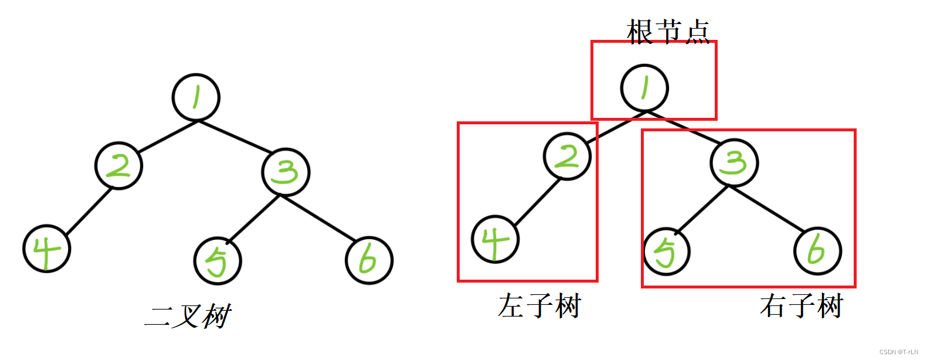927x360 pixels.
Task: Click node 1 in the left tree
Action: (196, 97)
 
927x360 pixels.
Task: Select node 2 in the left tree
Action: (119, 165)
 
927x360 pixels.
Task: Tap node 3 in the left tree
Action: (286, 172)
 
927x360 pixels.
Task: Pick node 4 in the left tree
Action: (47, 249)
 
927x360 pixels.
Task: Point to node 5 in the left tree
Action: (218, 261)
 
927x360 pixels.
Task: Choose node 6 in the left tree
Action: (369, 260)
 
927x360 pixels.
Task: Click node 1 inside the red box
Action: (644, 88)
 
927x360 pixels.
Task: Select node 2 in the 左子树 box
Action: (567, 157)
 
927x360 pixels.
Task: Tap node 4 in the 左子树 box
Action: (495, 239)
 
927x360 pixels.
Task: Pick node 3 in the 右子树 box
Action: (734, 162)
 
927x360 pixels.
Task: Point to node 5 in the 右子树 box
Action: (667, 252)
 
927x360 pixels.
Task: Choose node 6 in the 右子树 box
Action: (817, 251)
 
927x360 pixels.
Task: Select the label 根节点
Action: (668, 31)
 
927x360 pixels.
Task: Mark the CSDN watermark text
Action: (898, 352)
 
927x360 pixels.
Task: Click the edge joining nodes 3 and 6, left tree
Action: (318, 218)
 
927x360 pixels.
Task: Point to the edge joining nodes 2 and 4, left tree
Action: (88, 212)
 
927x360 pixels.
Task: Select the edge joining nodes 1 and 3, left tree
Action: (235, 137)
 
